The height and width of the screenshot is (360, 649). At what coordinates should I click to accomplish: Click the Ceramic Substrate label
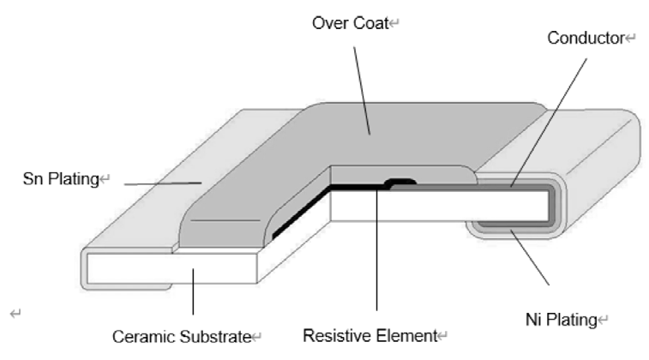[181, 335]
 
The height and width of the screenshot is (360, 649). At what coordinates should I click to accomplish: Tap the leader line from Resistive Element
[377, 257]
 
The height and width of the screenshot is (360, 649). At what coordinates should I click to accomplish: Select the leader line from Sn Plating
[163, 182]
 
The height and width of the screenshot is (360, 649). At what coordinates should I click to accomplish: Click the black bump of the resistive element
[401, 182]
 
